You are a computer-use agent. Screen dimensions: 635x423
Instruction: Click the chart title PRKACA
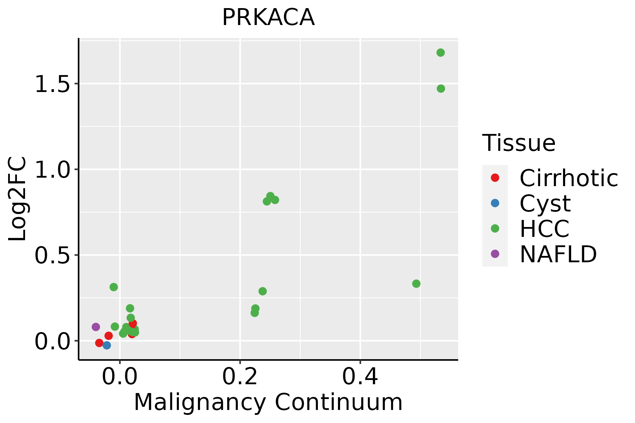268,18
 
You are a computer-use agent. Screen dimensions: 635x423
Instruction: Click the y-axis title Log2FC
18,199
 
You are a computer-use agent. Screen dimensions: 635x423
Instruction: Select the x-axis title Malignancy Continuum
268,402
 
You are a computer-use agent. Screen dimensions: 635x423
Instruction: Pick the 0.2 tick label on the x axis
240,377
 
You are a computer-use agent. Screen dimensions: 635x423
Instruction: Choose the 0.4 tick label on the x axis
360,377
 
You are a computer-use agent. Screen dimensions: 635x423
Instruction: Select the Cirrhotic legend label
569,178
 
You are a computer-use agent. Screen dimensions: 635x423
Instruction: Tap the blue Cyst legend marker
495,203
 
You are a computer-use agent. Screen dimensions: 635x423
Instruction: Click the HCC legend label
544,228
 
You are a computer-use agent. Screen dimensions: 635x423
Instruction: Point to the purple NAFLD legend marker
495,254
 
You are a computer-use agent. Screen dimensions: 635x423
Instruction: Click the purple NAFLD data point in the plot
96,327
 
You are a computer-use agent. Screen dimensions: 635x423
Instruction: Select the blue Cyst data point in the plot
107,345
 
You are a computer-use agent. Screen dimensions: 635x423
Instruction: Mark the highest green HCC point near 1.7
440,53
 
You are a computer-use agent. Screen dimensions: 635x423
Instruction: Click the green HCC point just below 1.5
441,88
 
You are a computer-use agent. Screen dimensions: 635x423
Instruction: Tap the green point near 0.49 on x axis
416,283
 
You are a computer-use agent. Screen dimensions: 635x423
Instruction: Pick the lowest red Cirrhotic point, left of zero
99,343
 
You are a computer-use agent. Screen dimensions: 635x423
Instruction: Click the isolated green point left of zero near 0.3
114,287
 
